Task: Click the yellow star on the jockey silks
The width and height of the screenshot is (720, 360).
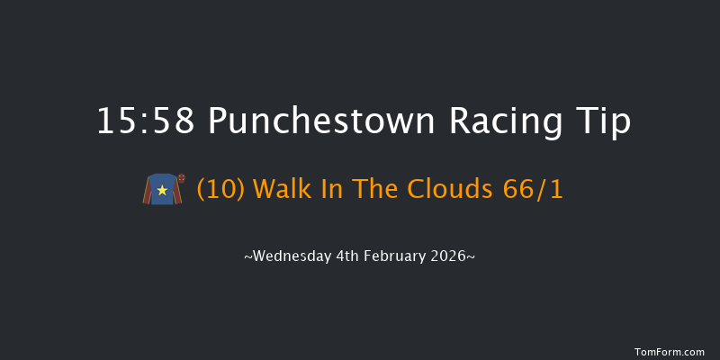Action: pos(163,190)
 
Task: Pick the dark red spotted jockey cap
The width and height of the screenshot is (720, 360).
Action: pos(181,178)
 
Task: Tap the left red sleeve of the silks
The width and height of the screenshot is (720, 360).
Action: pos(147,192)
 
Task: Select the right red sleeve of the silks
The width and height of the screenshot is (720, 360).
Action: pos(179,192)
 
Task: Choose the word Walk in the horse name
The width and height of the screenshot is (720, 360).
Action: pos(282,190)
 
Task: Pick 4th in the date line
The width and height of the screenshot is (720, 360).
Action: pos(349,256)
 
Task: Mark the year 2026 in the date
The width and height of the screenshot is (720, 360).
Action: pos(449,256)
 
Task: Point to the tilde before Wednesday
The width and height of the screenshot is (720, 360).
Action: pos(248,256)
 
